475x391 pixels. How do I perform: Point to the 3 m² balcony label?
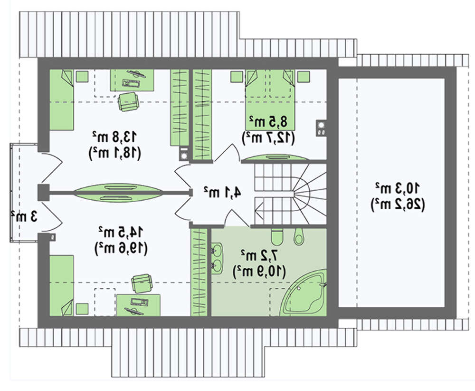[24, 216]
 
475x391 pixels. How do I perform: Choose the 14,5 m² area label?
[120, 233]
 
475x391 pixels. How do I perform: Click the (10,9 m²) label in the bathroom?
[259, 270]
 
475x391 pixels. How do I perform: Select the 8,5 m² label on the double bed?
[268, 121]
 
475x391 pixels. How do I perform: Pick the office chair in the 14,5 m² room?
[142, 283]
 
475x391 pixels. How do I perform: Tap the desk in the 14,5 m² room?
[138, 305]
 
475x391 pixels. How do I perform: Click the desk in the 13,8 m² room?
[132, 80]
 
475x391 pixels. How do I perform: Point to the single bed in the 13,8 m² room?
[62, 100]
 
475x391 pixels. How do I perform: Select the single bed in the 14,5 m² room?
[62, 285]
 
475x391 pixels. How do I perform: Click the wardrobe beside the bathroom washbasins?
[199, 272]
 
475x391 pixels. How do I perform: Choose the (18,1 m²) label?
[115, 152]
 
